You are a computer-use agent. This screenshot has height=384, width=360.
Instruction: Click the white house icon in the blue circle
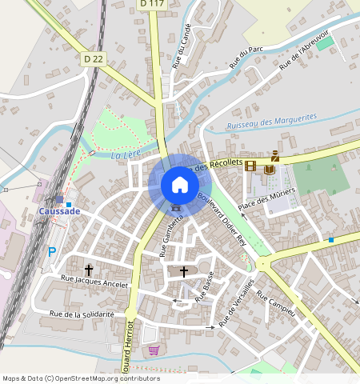point(180,185)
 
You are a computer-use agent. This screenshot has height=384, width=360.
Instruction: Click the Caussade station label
point(59,210)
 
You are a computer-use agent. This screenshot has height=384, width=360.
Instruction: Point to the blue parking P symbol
point(52,252)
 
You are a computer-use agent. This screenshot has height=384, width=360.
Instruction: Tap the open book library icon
point(270,168)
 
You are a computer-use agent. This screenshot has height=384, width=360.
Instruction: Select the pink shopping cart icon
point(153,350)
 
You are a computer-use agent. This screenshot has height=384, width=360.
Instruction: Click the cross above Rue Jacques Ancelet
point(88,270)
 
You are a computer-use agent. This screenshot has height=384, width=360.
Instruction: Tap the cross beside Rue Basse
point(184,272)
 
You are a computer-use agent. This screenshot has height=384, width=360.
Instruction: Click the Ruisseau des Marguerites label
point(272,121)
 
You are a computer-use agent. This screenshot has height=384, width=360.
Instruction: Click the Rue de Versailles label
point(238,302)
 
